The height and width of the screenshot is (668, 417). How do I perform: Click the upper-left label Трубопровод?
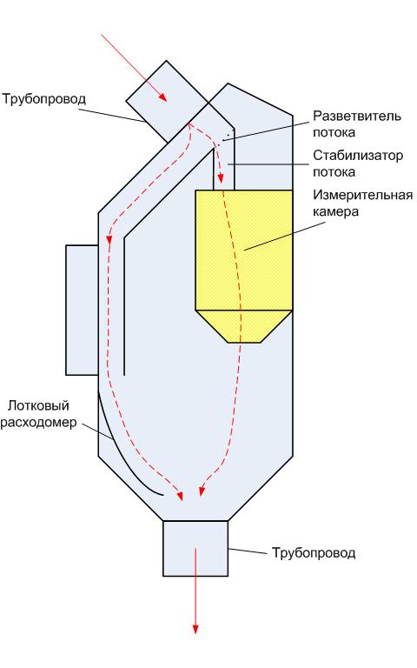coord(44,100)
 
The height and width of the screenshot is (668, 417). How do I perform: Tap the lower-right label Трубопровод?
coord(314,553)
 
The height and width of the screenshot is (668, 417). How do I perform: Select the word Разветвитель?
coord(357,116)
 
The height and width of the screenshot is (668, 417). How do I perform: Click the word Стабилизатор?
coord(358,156)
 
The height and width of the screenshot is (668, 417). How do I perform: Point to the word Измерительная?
coord(363,195)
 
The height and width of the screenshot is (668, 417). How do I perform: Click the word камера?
coord(335,211)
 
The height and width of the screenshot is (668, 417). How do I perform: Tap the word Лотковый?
coord(38,405)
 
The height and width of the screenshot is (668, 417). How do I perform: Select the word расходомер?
coord(38,423)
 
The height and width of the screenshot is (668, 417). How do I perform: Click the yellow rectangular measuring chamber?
coord(244,250)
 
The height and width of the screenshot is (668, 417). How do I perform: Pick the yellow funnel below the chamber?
coord(244,326)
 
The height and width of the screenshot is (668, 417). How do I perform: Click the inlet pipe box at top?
coord(167,102)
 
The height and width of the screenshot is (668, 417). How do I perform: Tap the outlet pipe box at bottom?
coord(195,548)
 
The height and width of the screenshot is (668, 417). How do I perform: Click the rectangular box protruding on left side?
coord(83,311)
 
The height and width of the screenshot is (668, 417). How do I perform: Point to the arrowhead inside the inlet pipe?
coord(162,97)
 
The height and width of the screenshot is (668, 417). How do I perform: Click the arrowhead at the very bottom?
coord(195,629)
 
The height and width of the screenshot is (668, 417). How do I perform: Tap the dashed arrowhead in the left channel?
coord(109,239)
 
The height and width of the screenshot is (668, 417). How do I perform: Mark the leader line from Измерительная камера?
coord(278,235)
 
